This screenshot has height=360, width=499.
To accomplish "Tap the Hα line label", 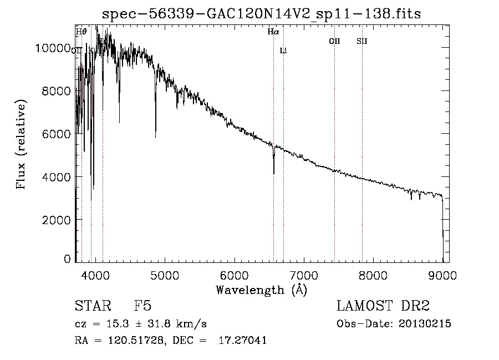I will point(273,32).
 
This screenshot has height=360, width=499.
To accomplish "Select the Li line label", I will point(283,51).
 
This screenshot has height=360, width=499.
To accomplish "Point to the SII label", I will point(362,41).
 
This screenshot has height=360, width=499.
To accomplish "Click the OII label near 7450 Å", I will point(334,41).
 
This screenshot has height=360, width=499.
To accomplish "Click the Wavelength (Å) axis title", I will point(262,290).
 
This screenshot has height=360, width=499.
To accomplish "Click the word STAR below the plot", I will point(93,306).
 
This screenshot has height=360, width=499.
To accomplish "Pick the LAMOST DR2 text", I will point(383,306).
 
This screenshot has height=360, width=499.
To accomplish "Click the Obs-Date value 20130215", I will point(424,324).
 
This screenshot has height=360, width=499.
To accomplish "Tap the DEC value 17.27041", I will point(242,341).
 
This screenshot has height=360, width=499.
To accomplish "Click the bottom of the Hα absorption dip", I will point(274,173).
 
